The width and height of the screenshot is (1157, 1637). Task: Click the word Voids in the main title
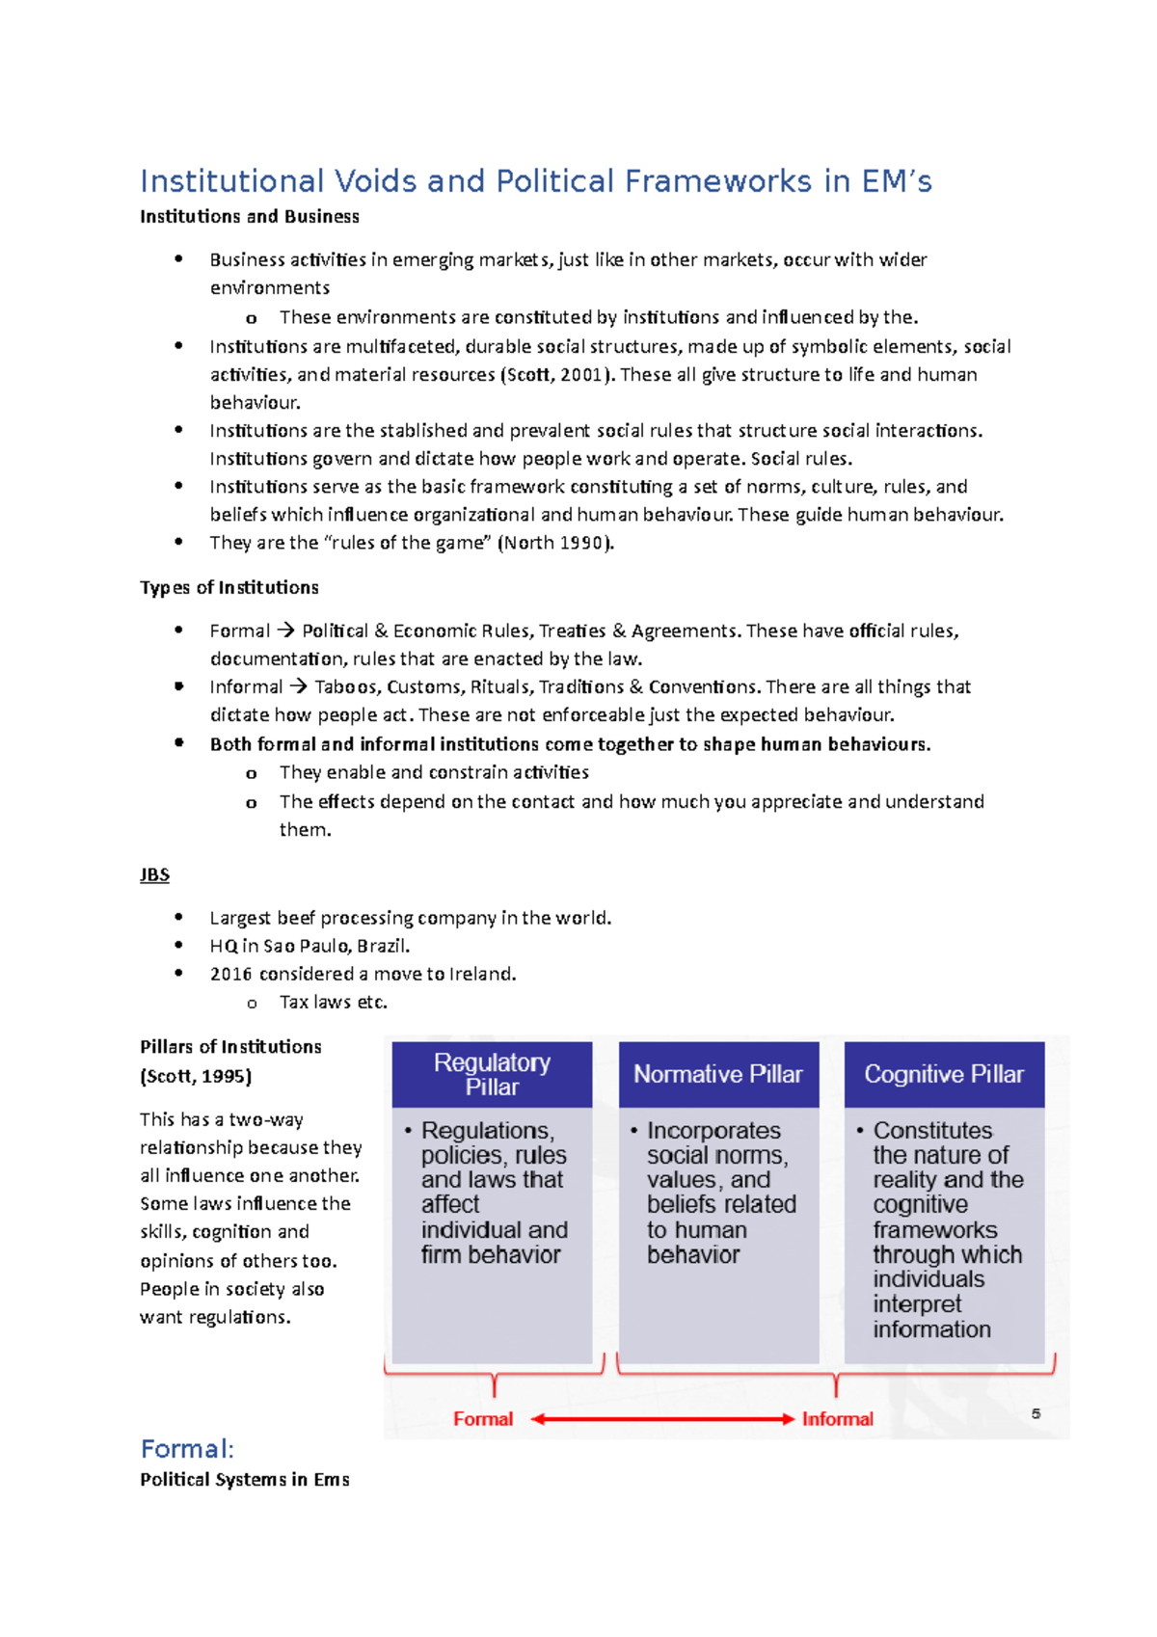coord(375,181)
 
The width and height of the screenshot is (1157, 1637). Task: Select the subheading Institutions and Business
coord(249,217)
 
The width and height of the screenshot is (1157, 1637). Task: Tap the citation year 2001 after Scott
coord(580,374)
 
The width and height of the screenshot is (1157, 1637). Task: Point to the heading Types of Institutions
coord(229,587)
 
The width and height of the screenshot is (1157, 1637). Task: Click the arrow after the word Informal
coord(298,686)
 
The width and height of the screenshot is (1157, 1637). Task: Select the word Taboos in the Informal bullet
coord(339,686)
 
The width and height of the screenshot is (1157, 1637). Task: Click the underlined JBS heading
coord(154,874)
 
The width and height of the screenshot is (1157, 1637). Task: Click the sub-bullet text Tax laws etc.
coord(333,1002)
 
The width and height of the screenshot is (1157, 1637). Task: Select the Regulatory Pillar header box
coord(492,1074)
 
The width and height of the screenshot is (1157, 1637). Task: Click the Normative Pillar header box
coord(718,1074)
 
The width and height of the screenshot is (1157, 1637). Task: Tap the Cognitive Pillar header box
coord(944,1074)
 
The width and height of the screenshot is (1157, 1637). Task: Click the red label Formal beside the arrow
coord(483,1419)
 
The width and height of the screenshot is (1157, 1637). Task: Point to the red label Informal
coord(837,1419)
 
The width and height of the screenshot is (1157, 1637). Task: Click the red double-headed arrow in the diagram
coord(662,1419)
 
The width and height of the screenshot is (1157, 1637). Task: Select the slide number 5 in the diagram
coord(1036,1413)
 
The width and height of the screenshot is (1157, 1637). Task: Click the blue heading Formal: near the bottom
coord(187,1448)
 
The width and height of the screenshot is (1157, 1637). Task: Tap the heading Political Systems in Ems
coord(244,1479)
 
